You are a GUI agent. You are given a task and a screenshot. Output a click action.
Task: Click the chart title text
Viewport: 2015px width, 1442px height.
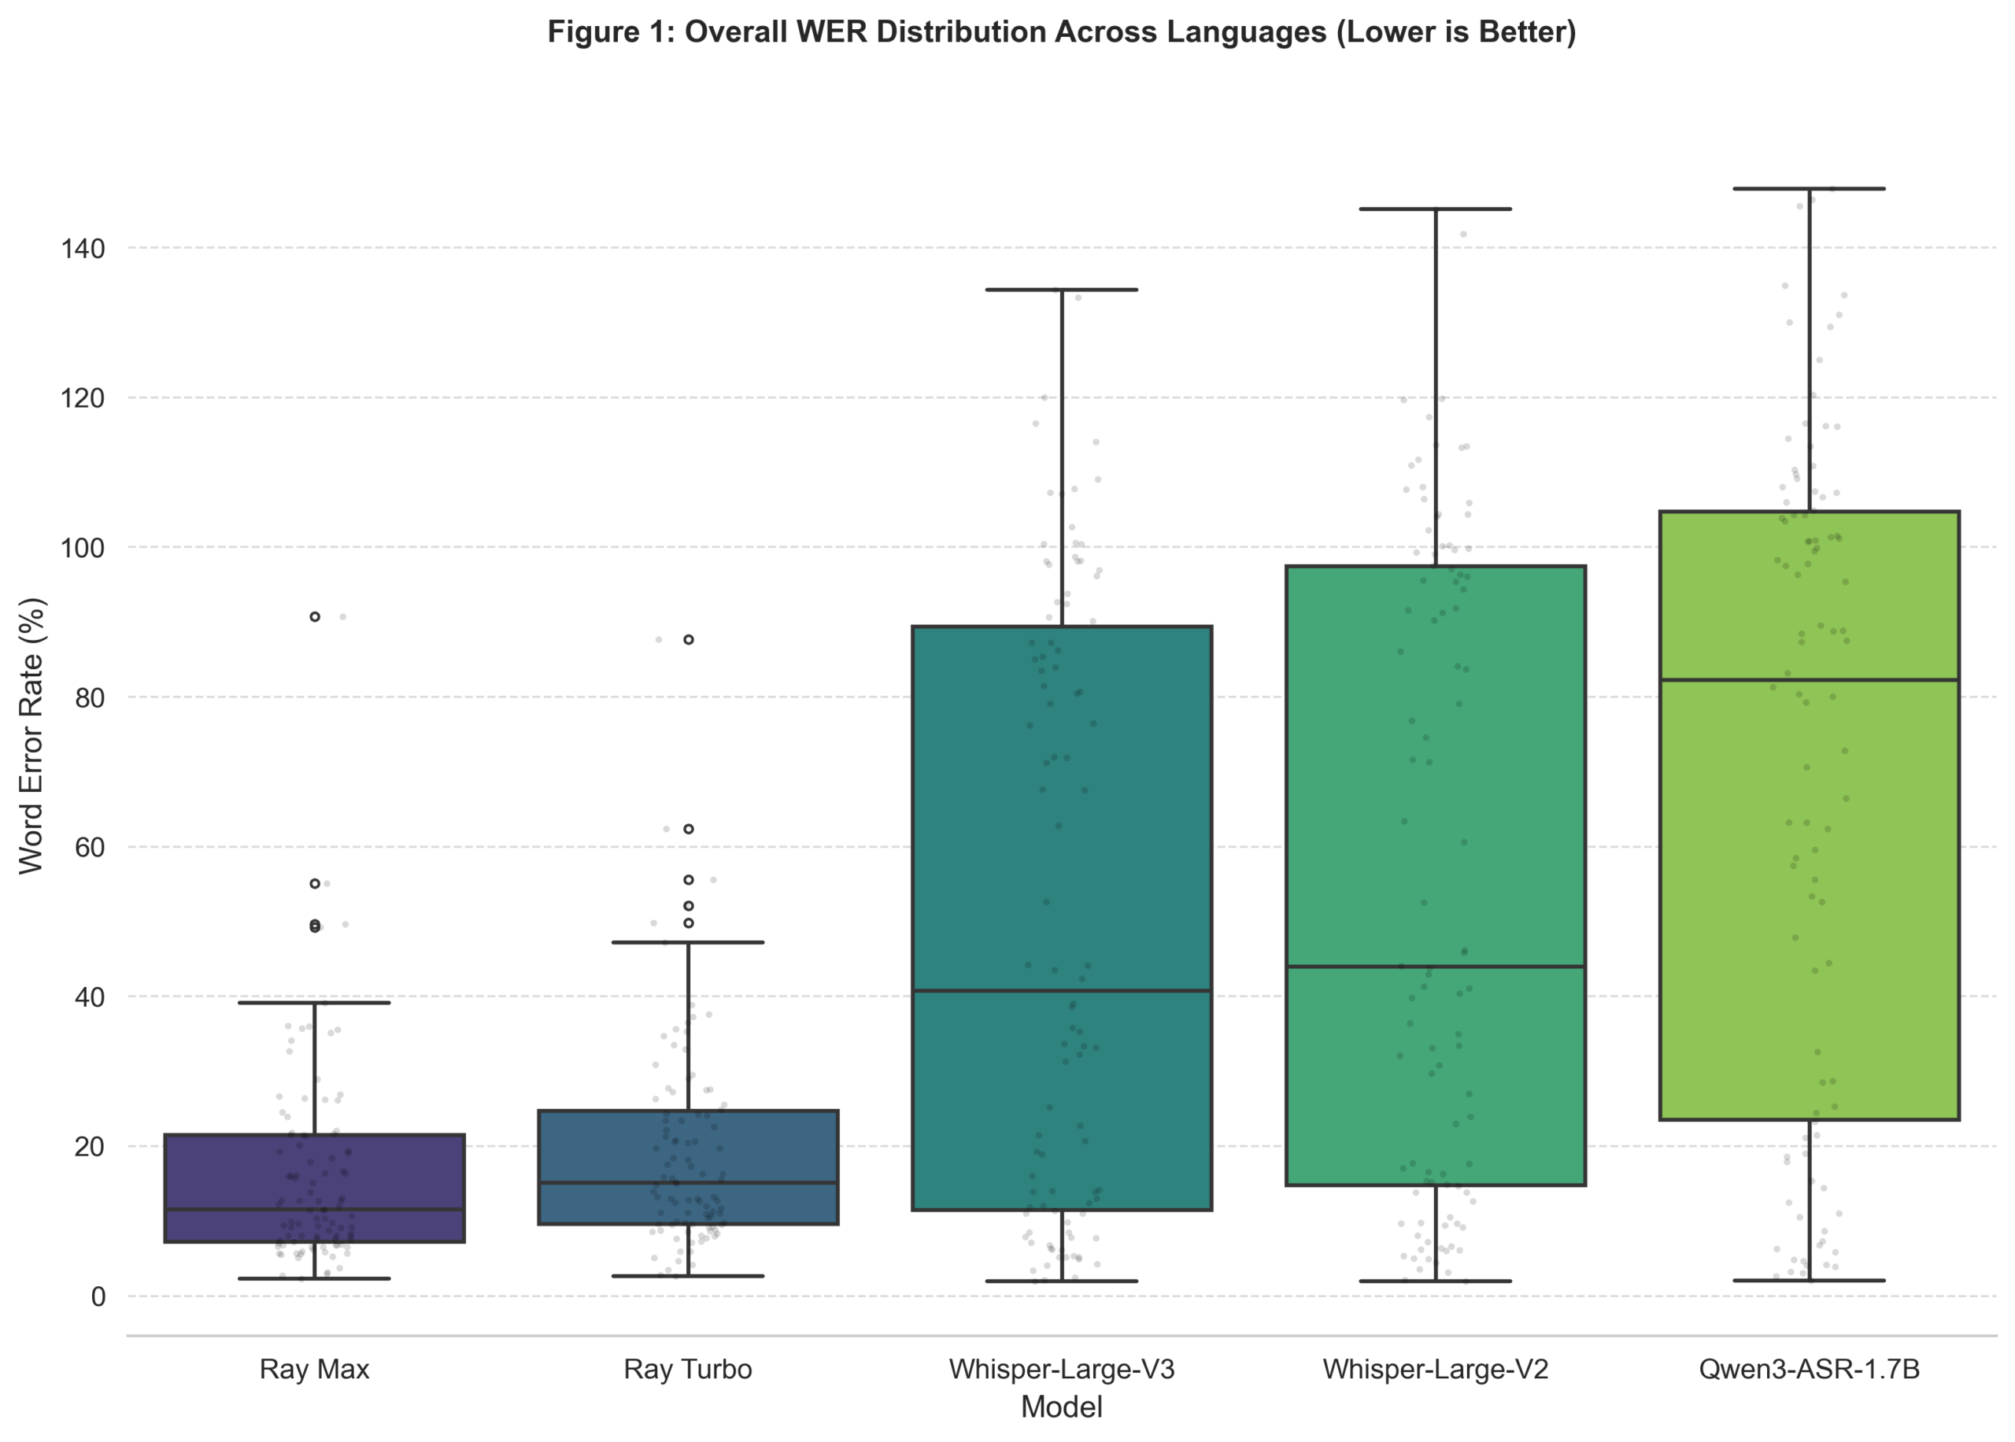1061,32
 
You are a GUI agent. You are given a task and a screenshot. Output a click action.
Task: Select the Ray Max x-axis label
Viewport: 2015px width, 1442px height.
314,1368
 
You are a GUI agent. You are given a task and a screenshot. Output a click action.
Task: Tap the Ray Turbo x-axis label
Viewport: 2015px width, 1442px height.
688,1368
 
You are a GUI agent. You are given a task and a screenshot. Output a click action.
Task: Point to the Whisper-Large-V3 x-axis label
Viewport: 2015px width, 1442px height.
1062,1368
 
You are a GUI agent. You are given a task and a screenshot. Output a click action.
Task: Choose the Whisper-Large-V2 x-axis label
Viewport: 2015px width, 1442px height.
1436,1368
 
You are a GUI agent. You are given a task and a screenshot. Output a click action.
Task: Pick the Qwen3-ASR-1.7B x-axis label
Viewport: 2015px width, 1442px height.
1809,1368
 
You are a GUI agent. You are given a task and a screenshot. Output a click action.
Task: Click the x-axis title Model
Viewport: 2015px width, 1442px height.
1062,1407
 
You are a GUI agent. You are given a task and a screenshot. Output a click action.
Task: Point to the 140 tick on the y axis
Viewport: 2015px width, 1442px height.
83,249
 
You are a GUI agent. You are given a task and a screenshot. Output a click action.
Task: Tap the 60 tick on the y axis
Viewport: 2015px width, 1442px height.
89,847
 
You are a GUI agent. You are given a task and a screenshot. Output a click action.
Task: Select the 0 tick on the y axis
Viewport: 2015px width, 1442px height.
98,1296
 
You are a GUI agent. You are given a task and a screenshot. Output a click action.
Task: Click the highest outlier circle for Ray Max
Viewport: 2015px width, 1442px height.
315,616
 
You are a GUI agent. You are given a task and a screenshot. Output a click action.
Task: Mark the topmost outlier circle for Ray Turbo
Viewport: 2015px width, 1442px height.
689,639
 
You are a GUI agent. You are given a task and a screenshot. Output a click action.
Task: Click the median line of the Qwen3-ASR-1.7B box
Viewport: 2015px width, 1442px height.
1809,680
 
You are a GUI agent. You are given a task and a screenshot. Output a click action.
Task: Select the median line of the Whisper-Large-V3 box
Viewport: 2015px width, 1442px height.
1062,990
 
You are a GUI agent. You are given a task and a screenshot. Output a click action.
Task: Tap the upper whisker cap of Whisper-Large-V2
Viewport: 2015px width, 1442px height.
1436,209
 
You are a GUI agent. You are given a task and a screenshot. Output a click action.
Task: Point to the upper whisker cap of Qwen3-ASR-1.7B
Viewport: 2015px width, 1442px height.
1809,189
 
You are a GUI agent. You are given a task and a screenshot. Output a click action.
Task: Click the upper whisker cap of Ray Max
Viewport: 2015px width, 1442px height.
314,1003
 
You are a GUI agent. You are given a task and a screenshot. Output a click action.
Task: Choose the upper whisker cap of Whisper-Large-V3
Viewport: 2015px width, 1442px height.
1062,290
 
